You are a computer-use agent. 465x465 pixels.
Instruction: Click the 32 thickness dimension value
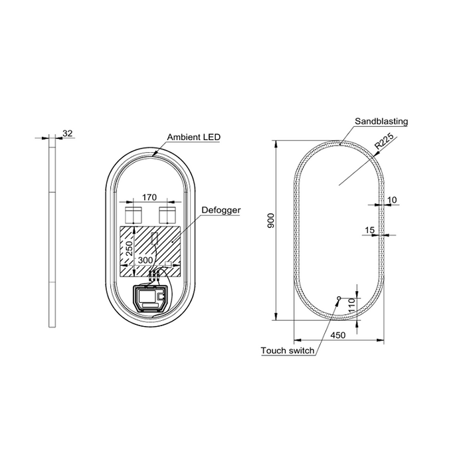coord(68,133)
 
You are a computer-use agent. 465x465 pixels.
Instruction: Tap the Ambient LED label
coord(194,137)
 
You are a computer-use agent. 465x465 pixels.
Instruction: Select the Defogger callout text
coord(221,210)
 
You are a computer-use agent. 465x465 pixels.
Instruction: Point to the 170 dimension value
coord(149,197)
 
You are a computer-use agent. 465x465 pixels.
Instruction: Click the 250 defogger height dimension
coord(130,248)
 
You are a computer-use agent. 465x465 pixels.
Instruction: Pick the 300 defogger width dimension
coord(145,260)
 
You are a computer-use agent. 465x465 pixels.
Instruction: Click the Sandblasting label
coord(381,122)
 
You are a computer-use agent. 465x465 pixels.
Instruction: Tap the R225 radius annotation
coord(384,141)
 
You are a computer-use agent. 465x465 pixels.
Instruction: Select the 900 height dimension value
coord(271,221)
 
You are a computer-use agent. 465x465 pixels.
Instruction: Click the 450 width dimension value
coord(338,335)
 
